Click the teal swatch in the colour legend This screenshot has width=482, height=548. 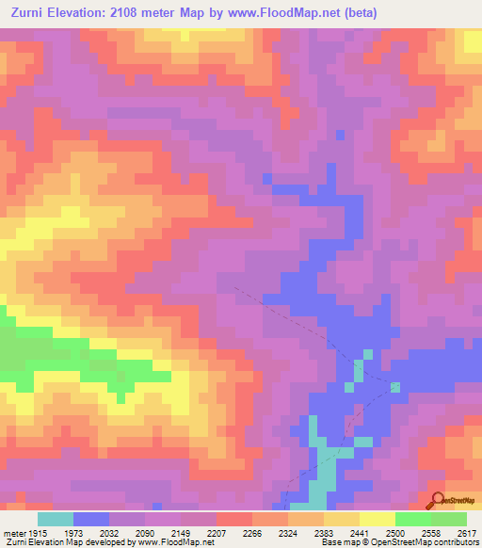[x=55, y=519]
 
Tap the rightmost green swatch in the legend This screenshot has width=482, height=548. [x=448, y=519]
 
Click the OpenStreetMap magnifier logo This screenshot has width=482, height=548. [x=436, y=501]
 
